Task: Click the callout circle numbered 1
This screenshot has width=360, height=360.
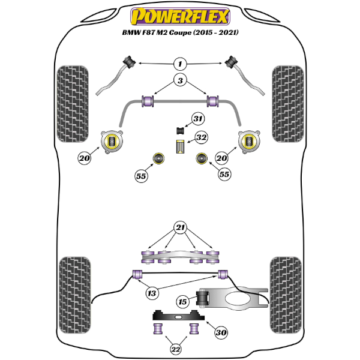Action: tap(179, 62)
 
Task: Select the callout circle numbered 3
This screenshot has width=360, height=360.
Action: tap(179, 80)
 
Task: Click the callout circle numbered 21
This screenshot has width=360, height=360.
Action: tap(179, 227)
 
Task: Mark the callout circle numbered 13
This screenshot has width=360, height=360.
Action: tap(152, 293)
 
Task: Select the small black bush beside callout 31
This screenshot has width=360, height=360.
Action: tap(179, 130)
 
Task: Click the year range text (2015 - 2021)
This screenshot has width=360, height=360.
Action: tap(211, 32)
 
